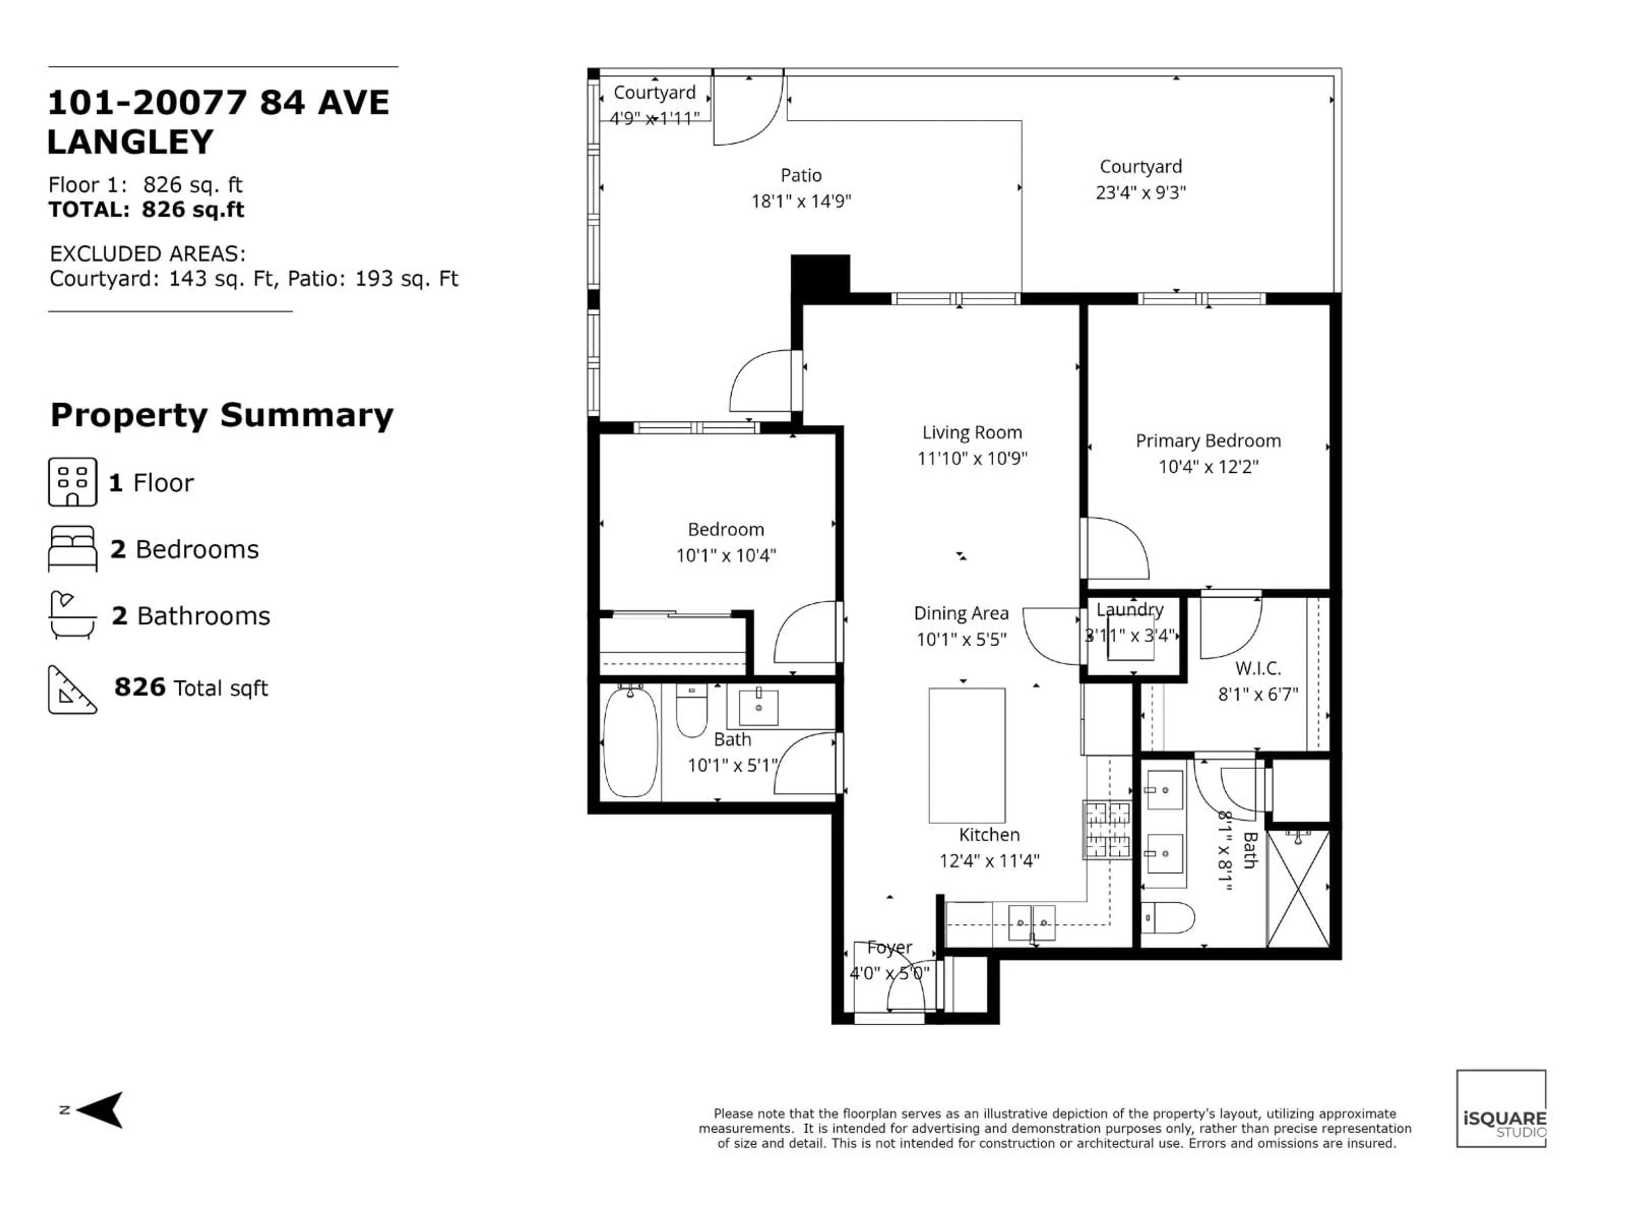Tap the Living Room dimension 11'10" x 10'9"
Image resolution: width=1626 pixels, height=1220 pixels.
pyautogui.click(x=972, y=458)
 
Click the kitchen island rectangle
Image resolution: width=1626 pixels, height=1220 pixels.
pyautogui.click(x=967, y=755)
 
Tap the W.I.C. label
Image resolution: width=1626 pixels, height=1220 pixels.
pyautogui.click(x=1258, y=668)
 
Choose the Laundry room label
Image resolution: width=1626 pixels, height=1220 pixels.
pyautogui.click(x=1130, y=610)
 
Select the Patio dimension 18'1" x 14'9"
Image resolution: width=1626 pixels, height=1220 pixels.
pyautogui.click(x=800, y=201)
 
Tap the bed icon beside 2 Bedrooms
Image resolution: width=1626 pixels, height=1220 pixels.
pyautogui.click(x=72, y=549)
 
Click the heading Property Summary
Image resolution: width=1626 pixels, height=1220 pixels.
pyautogui.click(x=222, y=416)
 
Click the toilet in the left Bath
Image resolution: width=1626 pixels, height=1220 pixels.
pyautogui.click(x=691, y=712)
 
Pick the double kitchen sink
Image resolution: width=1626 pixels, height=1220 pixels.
pyautogui.click(x=1031, y=923)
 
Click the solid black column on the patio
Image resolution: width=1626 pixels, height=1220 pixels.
pyautogui.click(x=820, y=276)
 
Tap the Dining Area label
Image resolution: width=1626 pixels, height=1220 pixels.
pyautogui.click(x=961, y=613)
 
